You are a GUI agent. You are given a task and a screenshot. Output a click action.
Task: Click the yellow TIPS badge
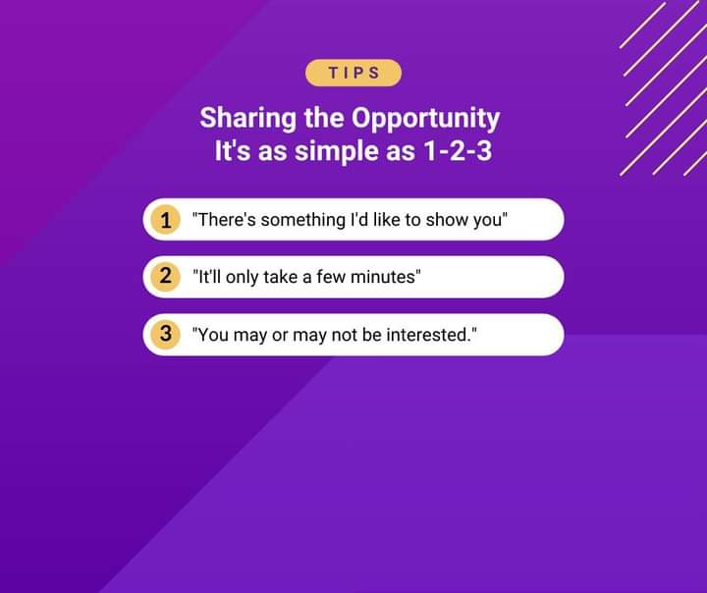pos(353,73)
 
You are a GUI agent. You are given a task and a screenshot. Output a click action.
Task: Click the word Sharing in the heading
pos(247,119)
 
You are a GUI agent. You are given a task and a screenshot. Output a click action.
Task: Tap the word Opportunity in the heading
pos(425,119)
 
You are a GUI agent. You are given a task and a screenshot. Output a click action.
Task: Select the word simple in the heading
pos(337,151)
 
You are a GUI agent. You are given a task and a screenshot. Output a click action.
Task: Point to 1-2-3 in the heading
pos(458,150)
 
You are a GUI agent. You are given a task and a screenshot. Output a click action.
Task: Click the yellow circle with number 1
pos(166,220)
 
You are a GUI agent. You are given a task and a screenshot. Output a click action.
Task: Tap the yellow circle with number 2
pos(166,277)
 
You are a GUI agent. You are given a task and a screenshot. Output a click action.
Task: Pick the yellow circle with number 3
pos(166,335)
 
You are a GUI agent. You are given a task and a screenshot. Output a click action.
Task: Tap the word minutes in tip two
pos(383,277)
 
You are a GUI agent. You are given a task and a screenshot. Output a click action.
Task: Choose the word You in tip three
pos(213,335)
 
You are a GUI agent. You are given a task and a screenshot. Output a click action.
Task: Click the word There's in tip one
pos(227,220)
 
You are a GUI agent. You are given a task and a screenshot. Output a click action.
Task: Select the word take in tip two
pos(281,277)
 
